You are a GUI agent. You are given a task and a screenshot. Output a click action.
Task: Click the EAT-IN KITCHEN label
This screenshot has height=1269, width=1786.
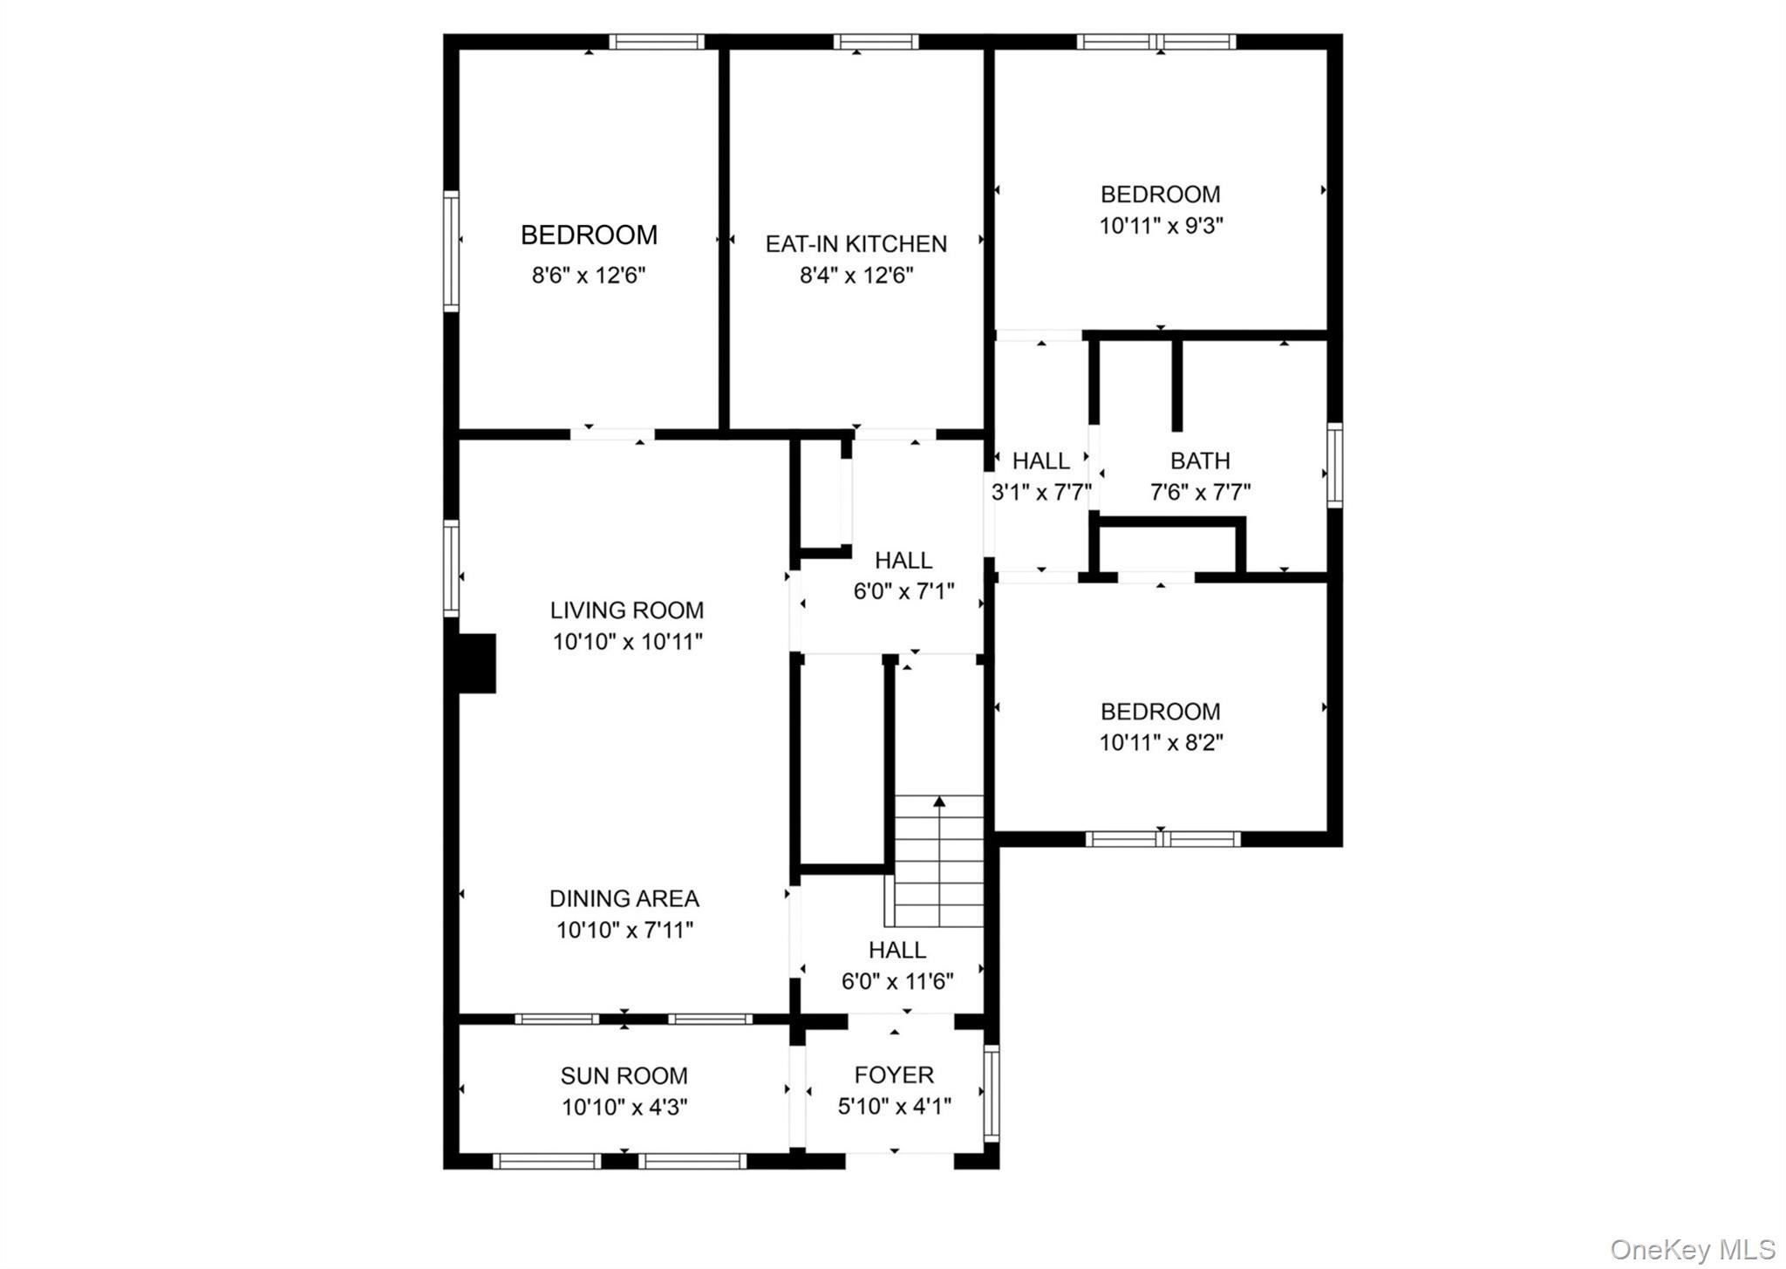coord(856,243)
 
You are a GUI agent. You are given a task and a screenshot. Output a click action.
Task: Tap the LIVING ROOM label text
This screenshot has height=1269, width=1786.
coord(626,610)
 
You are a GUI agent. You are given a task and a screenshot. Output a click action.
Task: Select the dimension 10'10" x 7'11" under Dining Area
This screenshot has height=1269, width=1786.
coord(624,930)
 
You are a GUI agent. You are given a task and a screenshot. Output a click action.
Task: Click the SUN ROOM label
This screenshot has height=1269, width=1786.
coord(624,1075)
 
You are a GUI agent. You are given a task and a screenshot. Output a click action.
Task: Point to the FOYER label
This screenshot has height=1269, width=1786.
coord(894,1075)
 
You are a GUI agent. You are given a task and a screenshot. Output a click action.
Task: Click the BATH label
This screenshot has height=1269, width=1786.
coord(1200,461)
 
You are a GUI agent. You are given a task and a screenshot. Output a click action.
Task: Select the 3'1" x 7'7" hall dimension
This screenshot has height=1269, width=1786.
coord(1041,493)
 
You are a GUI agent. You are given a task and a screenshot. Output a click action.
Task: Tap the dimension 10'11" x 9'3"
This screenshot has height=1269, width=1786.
coord(1161,226)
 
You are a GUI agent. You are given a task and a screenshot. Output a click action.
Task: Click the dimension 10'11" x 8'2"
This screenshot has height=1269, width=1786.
coord(1161,743)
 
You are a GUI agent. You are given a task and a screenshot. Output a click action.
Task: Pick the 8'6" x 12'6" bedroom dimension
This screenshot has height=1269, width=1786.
coord(589,276)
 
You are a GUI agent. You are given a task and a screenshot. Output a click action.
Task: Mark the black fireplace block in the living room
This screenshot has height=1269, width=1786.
coord(477,664)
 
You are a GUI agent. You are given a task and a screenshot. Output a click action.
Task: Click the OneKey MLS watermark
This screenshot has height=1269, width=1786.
coord(1692,1249)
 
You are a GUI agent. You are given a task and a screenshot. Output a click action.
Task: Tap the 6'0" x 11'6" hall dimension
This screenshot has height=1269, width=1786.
coord(896,981)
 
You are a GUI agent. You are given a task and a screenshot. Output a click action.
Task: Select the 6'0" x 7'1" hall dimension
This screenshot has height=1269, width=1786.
coord(903,591)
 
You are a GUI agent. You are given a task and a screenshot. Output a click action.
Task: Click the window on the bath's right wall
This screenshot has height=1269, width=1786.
coord(1333,465)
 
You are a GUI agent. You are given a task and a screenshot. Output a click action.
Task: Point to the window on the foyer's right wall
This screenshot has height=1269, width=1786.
coord(991,1093)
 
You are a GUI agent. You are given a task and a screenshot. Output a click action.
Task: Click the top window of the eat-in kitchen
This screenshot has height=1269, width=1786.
coord(876,41)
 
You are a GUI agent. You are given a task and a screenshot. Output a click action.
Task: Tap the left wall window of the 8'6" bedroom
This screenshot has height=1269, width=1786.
coord(451,251)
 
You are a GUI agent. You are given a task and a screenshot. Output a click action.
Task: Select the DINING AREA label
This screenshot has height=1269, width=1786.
coord(624,898)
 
